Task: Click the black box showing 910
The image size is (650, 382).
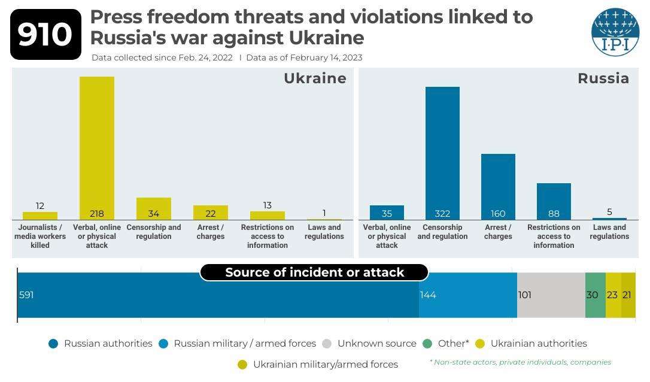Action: coord(45,35)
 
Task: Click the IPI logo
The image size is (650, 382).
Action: coord(615,32)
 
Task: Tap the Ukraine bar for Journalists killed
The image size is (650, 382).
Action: coord(40,216)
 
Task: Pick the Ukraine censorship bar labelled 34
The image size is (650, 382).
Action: coord(154,208)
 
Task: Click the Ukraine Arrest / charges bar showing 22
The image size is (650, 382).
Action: coord(211,213)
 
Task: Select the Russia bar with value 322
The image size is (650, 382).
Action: coord(442,153)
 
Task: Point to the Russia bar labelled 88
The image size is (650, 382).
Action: coord(554,202)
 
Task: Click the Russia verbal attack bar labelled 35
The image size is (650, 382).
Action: coord(387,213)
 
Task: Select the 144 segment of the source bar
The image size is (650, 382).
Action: coord(468,295)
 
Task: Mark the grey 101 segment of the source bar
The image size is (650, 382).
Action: coord(551,295)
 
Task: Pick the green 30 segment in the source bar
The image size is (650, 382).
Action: coord(596,295)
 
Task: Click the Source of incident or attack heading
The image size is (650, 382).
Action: coord(315,272)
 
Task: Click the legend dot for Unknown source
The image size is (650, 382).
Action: coord(327,344)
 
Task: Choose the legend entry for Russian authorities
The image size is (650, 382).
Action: coord(102,344)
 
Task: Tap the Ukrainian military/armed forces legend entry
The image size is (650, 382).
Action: coord(318,365)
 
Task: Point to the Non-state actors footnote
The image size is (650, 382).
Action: coord(521,362)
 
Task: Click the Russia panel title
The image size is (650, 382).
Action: coord(603,78)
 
